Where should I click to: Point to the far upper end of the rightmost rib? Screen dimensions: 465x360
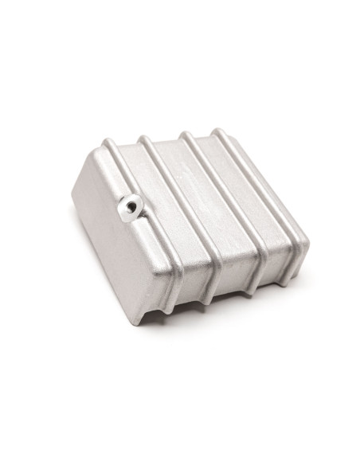[216, 131]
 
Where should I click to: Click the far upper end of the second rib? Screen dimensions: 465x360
[145, 139]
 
